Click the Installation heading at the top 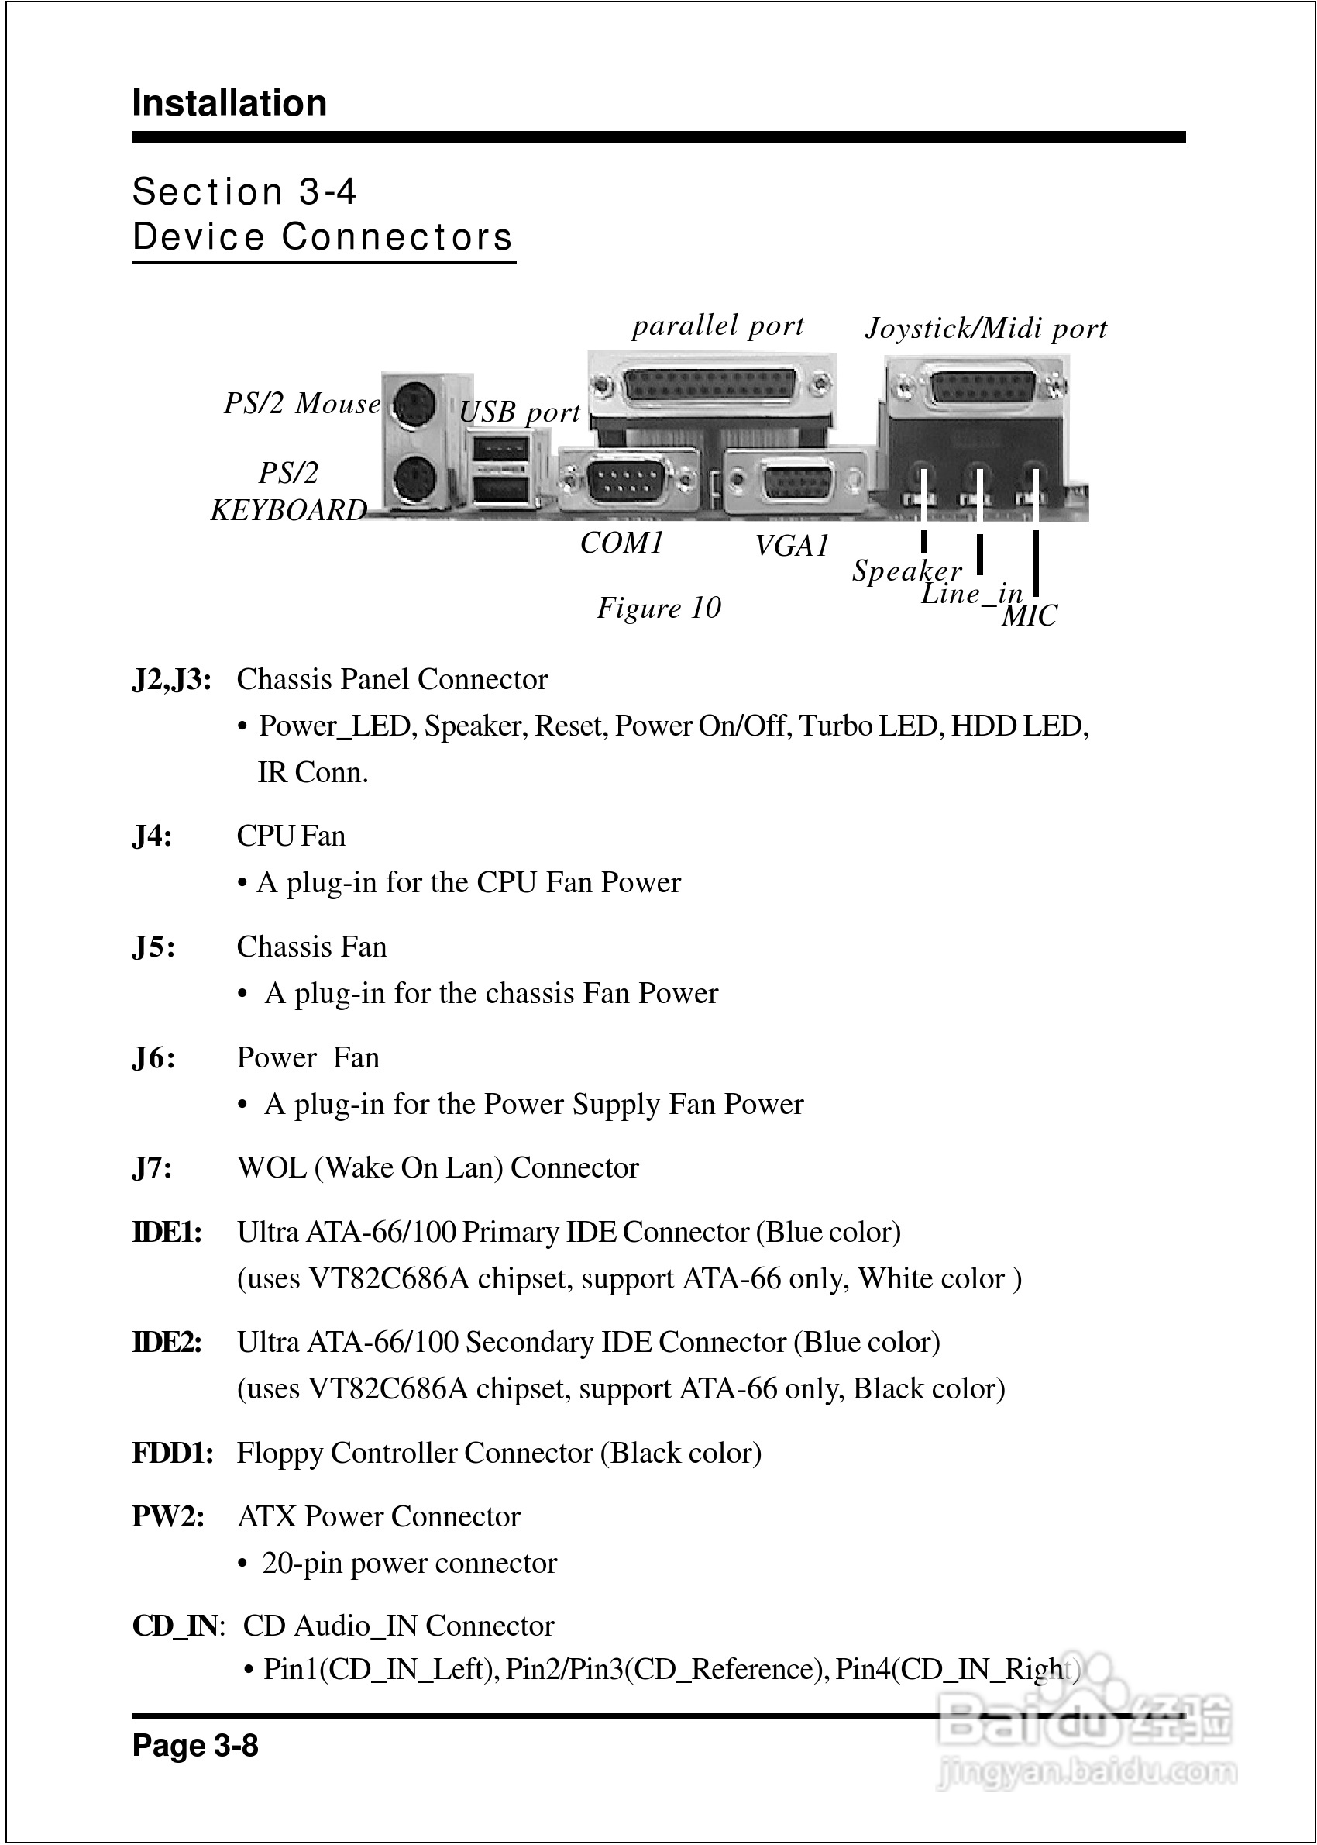229,104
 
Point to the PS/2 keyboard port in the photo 415,481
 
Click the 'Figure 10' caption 658,608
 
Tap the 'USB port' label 520,412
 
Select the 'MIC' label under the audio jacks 1029,616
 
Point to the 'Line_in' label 971,594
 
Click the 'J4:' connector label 153,836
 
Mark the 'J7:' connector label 153,1168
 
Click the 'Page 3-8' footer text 195,1744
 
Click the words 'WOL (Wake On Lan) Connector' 438,1168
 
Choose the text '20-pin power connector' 410,1564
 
